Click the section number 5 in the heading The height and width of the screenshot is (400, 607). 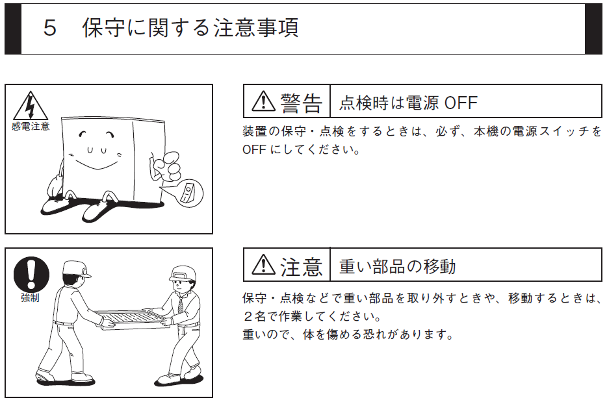[50, 28]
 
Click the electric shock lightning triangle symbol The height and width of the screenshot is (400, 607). [30, 106]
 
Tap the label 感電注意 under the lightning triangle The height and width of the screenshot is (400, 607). [31, 127]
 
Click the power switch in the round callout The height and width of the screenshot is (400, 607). [188, 193]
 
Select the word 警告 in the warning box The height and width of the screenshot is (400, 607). [301, 103]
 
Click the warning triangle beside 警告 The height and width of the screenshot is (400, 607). [263, 101]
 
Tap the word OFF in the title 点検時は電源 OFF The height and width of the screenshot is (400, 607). [461, 103]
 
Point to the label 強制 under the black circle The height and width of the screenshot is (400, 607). [30, 297]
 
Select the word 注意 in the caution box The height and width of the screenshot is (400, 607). [301, 267]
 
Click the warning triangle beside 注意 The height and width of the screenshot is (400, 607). [263, 264]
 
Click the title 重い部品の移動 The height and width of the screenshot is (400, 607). [398, 266]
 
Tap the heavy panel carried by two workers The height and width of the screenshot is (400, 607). [133, 319]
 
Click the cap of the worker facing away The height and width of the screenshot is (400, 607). [77, 268]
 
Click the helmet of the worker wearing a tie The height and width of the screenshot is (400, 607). [183, 273]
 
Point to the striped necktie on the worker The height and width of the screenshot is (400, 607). [181, 304]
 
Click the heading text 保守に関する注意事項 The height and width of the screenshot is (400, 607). [190, 28]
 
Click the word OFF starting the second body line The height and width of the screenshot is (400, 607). [254, 149]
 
